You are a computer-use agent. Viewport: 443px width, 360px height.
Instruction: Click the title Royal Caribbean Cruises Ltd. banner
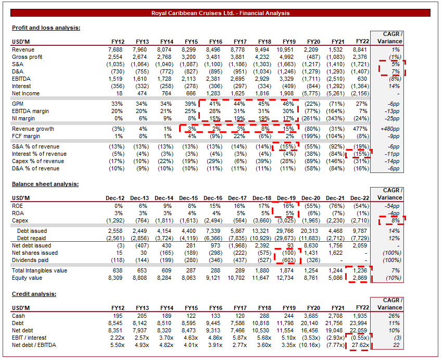[x=221, y=13]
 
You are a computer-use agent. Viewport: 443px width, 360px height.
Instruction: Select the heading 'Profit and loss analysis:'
[x=46, y=28]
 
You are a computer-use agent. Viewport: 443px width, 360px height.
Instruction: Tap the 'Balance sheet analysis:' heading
[x=45, y=184]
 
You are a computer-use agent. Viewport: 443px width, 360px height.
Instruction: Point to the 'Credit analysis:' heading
[x=34, y=294]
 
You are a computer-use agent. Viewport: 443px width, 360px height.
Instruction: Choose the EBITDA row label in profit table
[x=21, y=79]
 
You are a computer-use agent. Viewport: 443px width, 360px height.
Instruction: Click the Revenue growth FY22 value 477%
[x=362, y=128]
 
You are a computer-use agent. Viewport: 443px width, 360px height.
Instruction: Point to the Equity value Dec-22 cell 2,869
[x=360, y=278]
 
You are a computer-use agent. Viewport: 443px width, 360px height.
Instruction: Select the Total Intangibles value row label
[x=39, y=271]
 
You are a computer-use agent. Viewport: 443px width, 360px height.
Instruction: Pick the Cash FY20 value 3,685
[x=311, y=316]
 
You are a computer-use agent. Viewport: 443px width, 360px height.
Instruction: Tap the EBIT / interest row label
[x=29, y=338]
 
